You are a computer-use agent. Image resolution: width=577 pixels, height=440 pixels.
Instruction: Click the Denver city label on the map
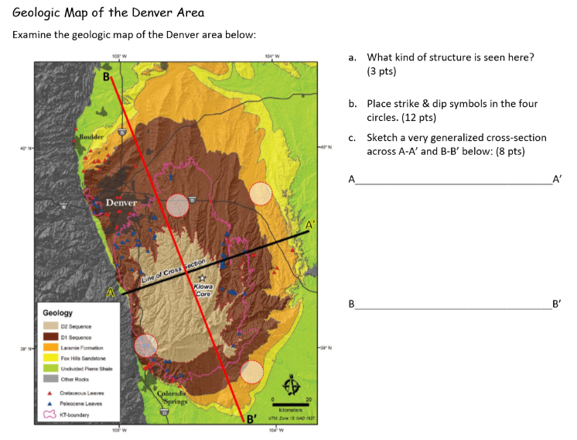(x=121, y=203)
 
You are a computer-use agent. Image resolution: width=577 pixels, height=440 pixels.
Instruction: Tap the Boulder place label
(x=90, y=136)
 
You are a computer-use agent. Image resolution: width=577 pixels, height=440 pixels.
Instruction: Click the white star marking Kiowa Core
(x=202, y=277)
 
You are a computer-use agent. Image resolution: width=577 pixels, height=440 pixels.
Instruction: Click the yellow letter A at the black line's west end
(x=111, y=293)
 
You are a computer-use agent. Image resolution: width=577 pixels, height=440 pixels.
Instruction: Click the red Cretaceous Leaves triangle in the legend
(x=50, y=394)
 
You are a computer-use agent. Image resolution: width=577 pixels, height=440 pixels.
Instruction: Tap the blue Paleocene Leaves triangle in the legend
(x=50, y=404)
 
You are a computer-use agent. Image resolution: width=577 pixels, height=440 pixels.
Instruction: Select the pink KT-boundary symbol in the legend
(x=50, y=414)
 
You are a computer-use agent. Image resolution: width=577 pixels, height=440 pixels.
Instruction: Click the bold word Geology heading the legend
(x=58, y=313)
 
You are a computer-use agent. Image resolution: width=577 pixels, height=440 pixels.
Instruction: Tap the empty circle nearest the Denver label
(x=178, y=205)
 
